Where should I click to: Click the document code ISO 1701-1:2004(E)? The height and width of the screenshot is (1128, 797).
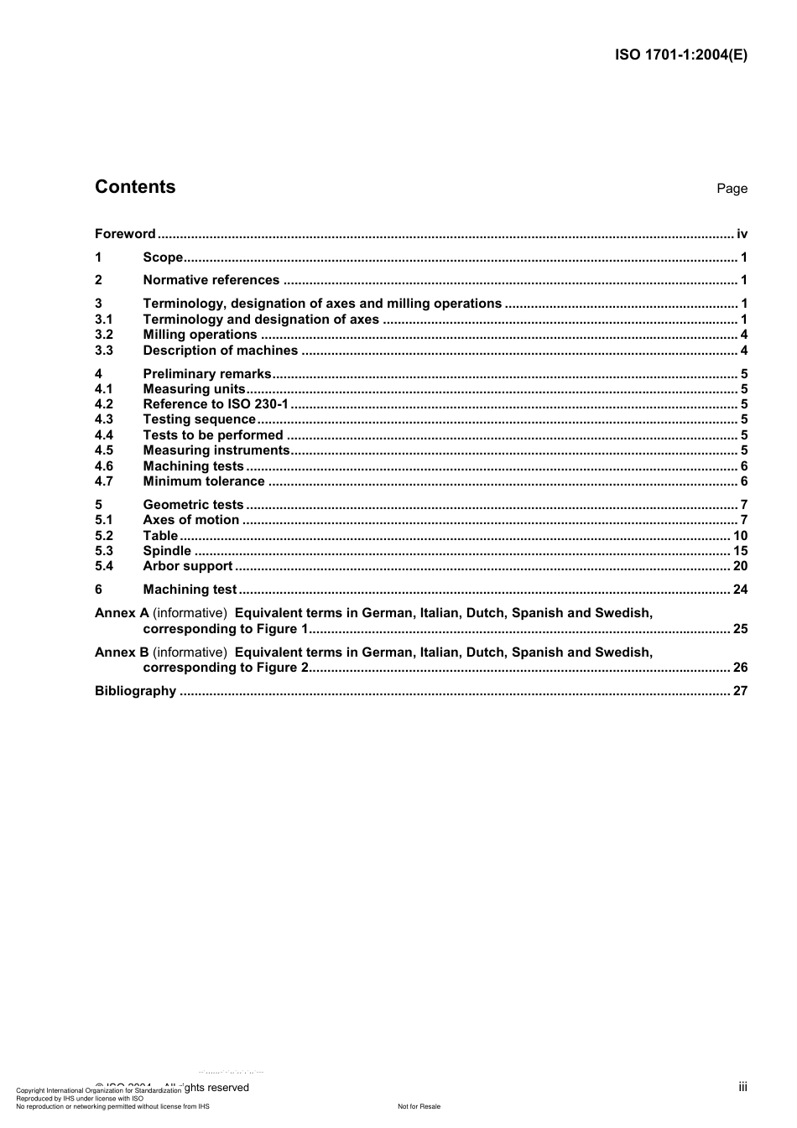click(x=680, y=55)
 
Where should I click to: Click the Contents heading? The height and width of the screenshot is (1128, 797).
click(x=135, y=187)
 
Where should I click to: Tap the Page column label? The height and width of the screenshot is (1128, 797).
click(x=732, y=189)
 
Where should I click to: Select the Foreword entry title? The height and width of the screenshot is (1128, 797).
click(x=125, y=234)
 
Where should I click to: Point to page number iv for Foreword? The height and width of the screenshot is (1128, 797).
click(x=742, y=234)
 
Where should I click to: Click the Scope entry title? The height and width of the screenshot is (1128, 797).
click(x=163, y=257)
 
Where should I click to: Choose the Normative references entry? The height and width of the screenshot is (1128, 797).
click(x=211, y=280)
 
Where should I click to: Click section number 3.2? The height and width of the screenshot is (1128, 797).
click(x=104, y=335)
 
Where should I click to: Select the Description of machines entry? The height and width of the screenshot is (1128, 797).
click(x=220, y=351)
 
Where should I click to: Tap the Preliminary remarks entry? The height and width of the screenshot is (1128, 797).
click(x=207, y=374)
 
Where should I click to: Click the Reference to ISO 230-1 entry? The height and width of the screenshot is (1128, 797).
click(x=216, y=404)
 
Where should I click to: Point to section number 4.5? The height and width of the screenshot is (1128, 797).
click(x=104, y=450)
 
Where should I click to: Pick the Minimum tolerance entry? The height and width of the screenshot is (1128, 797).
click(x=204, y=481)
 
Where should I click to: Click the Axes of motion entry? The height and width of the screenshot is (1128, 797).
click(x=190, y=520)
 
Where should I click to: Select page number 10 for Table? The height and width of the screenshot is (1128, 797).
click(x=740, y=536)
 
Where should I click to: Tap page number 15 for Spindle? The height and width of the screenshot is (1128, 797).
click(x=740, y=551)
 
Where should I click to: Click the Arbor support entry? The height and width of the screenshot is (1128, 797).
click(x=187, y=566)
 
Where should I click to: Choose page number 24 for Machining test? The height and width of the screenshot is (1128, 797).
click(x=740, y=590)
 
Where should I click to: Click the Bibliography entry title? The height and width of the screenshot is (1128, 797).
click(x=135, y=691)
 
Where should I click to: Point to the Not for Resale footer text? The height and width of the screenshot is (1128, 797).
click(x=419, y=1106)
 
